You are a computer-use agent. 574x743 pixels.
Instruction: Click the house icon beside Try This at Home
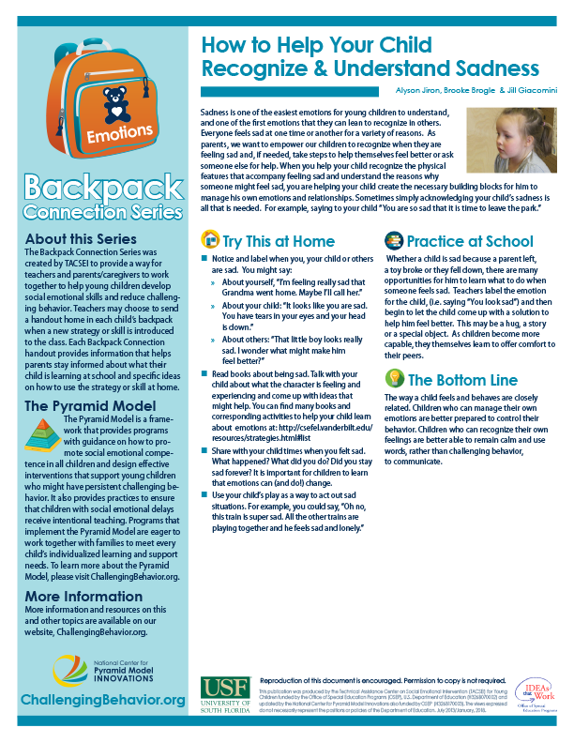210,239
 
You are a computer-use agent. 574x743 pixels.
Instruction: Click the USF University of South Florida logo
225,695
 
